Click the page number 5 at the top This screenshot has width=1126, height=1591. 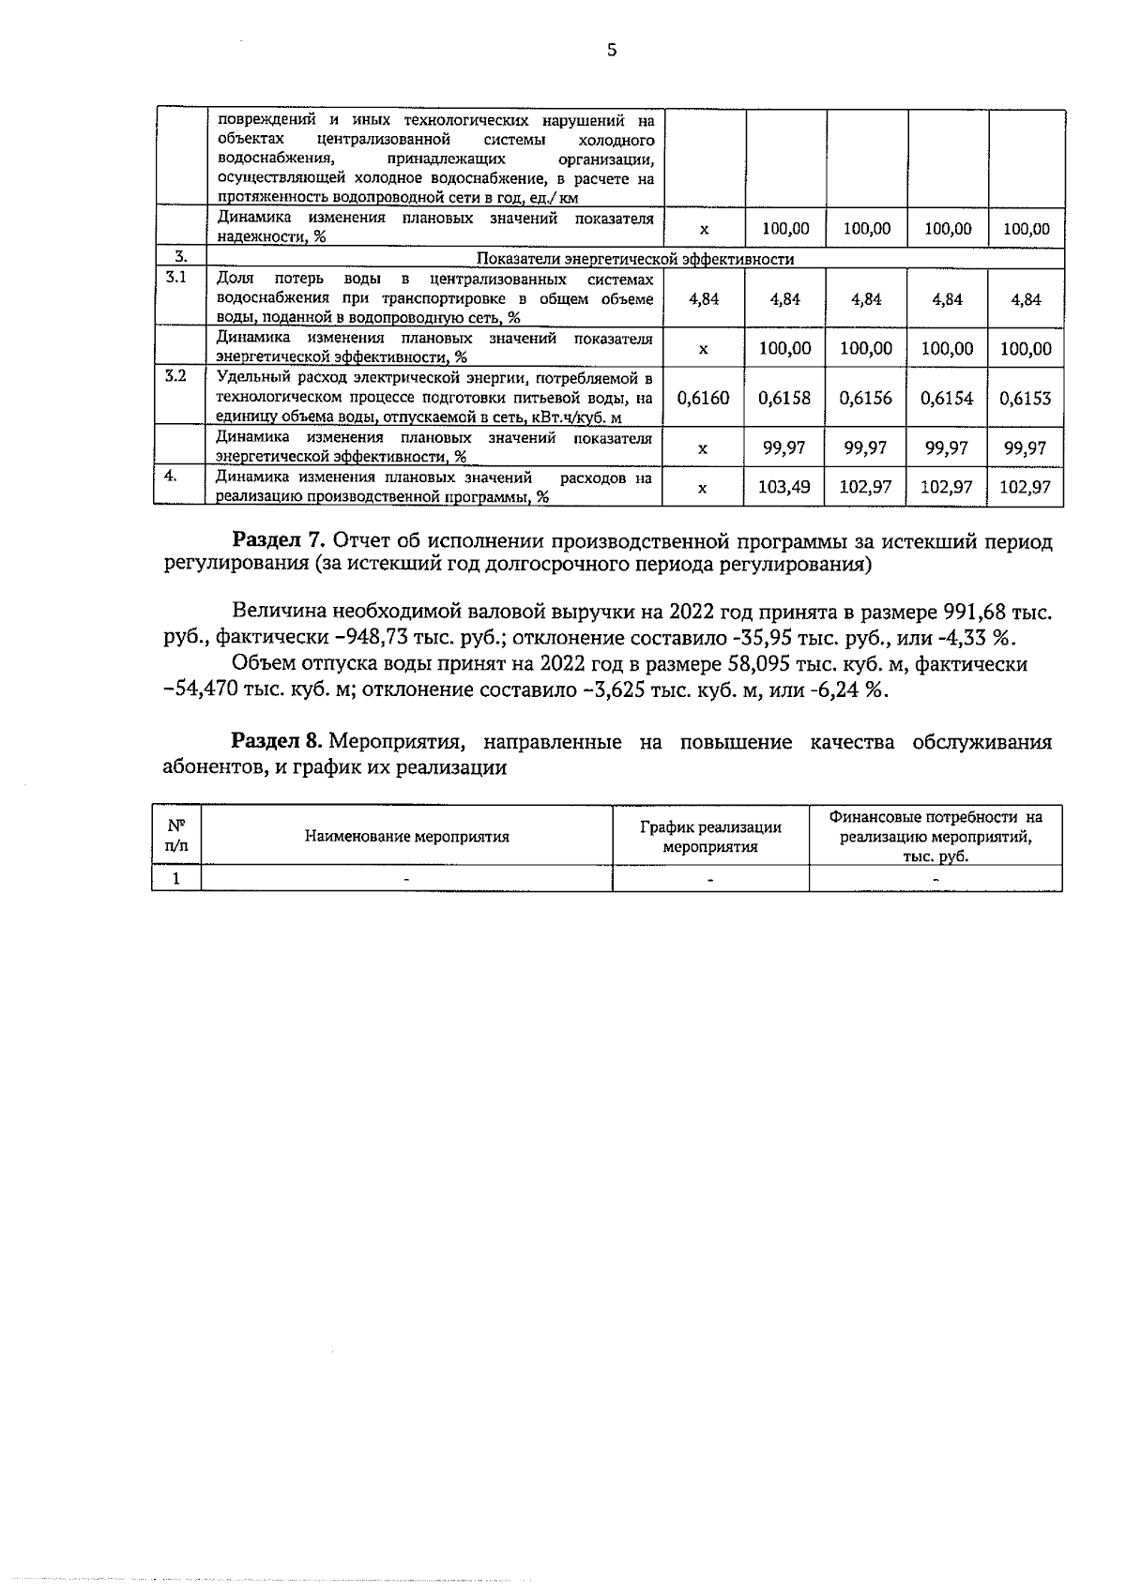click(x=612, y=51)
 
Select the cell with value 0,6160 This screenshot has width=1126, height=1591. click(x=703, y=399)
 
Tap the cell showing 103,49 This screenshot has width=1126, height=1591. click(x=784, y=488)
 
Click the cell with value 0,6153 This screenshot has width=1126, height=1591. click(x=1025, y=399)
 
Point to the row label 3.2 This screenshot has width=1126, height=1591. click(x=175, y=376)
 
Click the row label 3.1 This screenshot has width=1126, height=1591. click(x=175, y=278)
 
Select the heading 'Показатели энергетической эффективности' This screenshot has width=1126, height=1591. click(x=635, y=259)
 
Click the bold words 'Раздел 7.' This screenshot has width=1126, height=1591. click(x=279, y=541)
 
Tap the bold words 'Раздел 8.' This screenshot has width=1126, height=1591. click(x=279, y=742)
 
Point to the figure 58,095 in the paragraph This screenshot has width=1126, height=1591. click(x=761, y=664)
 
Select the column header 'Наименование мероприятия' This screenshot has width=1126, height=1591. click(x=407, y=837)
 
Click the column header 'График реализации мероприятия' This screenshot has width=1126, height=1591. click(x=710, y=837)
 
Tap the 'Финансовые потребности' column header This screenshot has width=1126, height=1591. click(x=936, y=836)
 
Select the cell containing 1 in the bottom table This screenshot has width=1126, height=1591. click(x=175, y=878)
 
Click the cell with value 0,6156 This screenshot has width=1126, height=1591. click(x=866, y=399)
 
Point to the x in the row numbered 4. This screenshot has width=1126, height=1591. click(x=703, y=488)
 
